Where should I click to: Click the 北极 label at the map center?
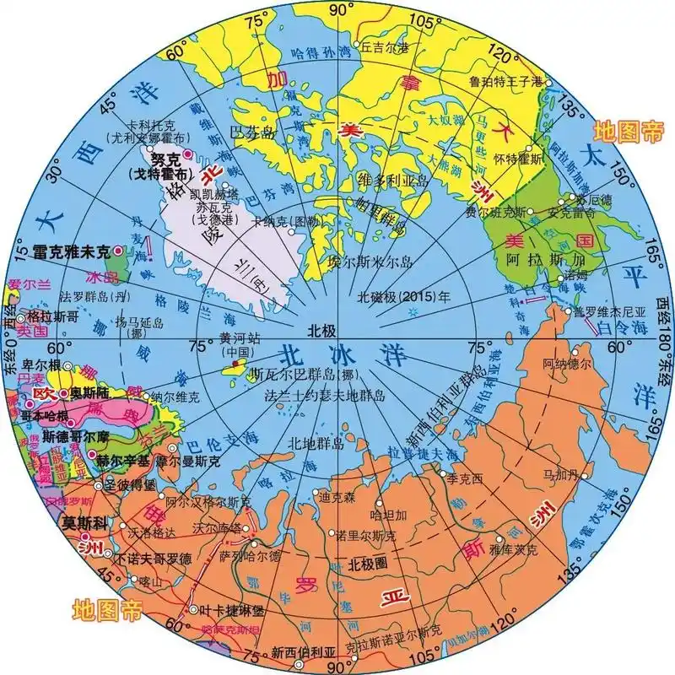321,330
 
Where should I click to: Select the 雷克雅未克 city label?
72,251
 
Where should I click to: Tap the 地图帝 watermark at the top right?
629,131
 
